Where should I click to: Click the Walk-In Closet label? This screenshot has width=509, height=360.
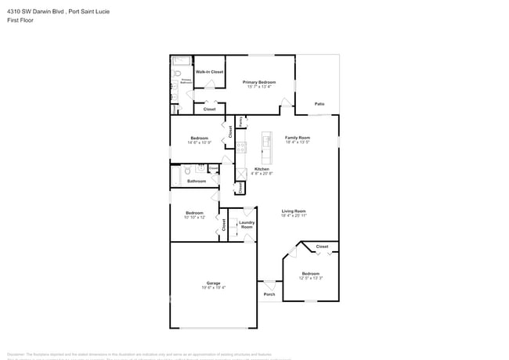(x=209, y=71)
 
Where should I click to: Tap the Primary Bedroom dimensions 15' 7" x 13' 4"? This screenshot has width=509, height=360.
(x=258, y=87)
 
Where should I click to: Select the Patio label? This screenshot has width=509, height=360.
(x=319, y=103)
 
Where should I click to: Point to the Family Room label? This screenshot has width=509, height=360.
(x=297, y=137)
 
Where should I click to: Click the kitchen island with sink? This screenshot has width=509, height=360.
(x=265, y=141)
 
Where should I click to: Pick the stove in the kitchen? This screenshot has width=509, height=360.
(x=242, y=146)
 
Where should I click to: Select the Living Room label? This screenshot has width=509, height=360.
(x=294, y=210)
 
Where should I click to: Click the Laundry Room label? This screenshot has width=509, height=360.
(x=246, y=225)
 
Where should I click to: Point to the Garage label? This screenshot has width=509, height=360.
(x=213, y=283)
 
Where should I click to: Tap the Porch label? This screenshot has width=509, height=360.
(x=269, y=294)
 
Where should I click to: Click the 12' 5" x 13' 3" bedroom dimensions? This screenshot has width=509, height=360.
(x=310, y=278)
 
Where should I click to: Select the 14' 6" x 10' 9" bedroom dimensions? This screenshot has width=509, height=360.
(x=199, y=142)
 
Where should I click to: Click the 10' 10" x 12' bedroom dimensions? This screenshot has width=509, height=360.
(x=195, y=217)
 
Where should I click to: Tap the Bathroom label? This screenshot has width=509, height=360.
(x=197, y=181)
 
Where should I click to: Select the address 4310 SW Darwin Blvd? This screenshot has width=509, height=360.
(x=35, y=11)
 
